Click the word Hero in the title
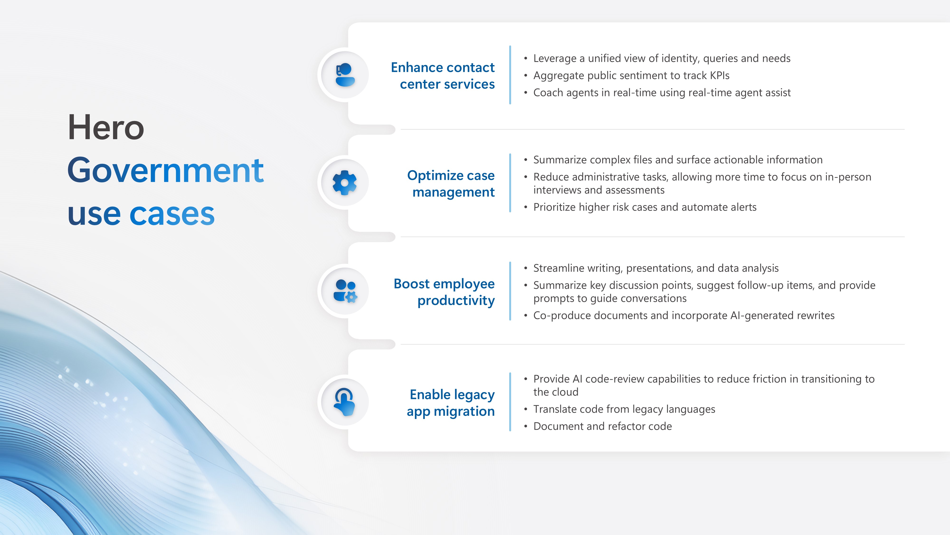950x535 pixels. pyautogui.click(x=106, y=127)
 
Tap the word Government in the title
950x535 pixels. pyautogui.click(x=166, y=170)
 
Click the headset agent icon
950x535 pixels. pyautogui.click(x=345, y=75)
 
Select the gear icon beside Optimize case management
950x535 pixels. pyautogui.click(x=344, y=182)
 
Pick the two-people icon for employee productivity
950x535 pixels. pyautogui.click(x=345, y=291)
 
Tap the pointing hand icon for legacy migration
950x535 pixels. pyautogui.click(x=344, y=402)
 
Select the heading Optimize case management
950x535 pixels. pyautogui.click(x=451, y=184)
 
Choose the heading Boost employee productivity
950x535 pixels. pyautogui.click(x=444, y=292)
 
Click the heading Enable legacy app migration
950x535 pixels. pyautogui.click(x=451, y=403)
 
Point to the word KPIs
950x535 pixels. pyautogui.click(x=720, y=75)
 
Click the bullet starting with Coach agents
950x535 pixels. pyautogui.click(x=662, y=93)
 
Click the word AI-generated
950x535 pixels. pyautogui.click(x=762, y=316)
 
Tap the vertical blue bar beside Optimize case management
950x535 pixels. pyautogui.click(x=510, y=183)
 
